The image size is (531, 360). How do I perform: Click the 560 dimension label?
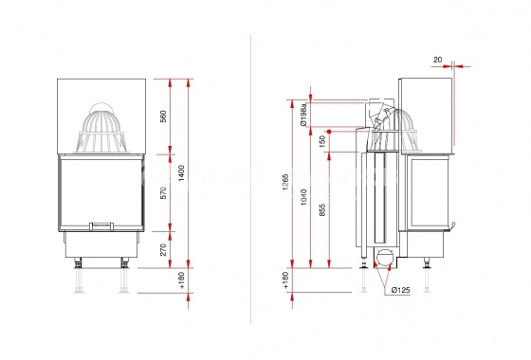coord(163,117)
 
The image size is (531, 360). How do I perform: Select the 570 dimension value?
coord(163,193)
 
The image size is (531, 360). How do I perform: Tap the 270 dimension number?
coord(163,250)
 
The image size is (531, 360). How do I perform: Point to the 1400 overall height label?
coord(181,172)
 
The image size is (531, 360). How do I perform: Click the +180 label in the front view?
coord(181,280)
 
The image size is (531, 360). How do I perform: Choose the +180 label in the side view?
coord(285,280)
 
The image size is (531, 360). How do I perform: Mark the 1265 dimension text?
coord(285,182)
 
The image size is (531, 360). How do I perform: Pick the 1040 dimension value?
coord(303,197)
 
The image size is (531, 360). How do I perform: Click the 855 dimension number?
coord(322,209)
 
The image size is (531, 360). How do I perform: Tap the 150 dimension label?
coord(322,141)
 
